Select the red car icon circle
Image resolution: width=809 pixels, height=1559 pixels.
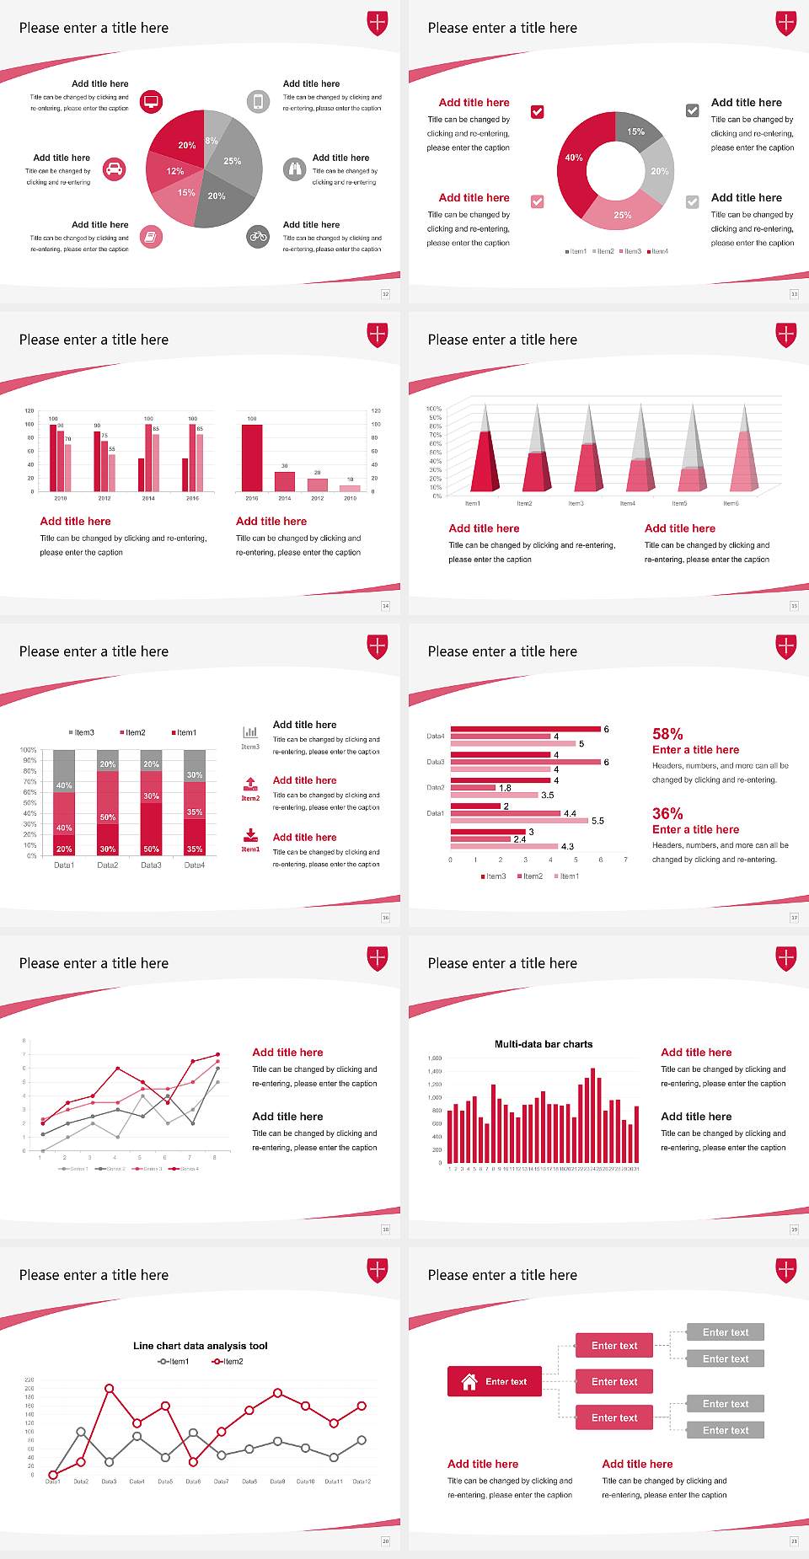[x=115, y=169]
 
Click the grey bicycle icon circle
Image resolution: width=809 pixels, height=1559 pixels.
[x=258, y=237]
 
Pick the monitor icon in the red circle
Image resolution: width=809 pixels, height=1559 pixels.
[x=151, y=102]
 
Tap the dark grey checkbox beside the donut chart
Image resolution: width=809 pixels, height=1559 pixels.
[x=693, y=110]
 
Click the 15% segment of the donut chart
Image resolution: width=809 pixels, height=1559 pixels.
[x=636, y=131]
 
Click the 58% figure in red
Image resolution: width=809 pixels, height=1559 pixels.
[x=667, y=734]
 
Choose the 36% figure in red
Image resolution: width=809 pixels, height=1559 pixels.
[x=667, y=813]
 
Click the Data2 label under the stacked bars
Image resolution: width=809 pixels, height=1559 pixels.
[x=108, y=865]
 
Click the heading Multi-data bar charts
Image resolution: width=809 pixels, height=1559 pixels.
[x=544, y=1044]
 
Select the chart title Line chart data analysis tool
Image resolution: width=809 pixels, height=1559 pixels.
[x=201, y=1346]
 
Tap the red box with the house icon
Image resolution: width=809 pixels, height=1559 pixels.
[x=495, y=1381]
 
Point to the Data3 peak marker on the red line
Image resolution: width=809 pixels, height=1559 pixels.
[x=110, y=1388]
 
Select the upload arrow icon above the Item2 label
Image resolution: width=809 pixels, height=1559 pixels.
[x=250, y=783]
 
